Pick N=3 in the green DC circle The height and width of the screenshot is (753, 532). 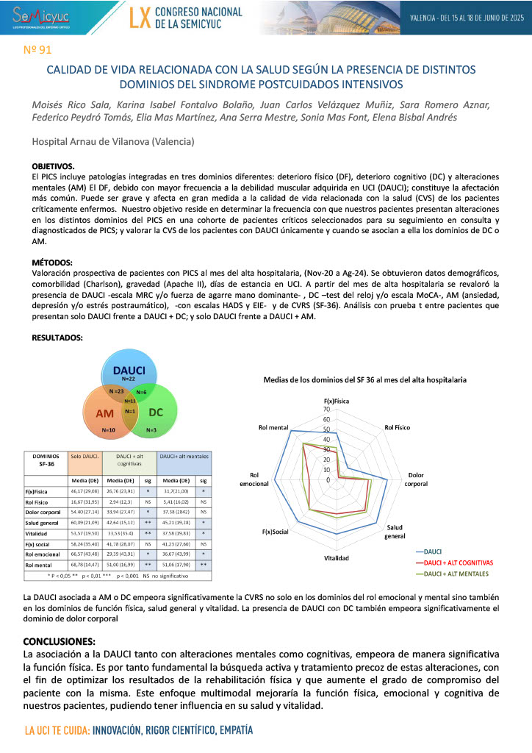point(151,429)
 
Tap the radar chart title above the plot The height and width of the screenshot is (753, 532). point(365,379)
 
